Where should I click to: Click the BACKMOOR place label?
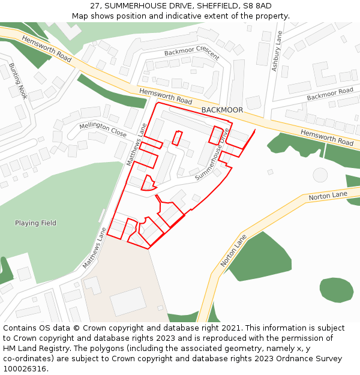(x=222, y=110)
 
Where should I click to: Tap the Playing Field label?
(x=35, y=223)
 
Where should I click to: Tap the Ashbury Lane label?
(x=276, y=52)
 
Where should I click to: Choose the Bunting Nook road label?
(x=18, y=81)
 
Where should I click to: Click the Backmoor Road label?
(x=329, y=94)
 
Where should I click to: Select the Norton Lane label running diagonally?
(x=233, y=251)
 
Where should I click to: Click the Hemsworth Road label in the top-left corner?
(x=46, y=49)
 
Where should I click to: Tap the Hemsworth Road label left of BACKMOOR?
(x=166, y=95)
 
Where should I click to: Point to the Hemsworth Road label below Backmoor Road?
(x=327, y=137)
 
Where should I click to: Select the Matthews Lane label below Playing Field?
(x=94, y=247)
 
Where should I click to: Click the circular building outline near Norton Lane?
(x=320, y=175)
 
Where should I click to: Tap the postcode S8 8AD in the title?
(x=256, y=5)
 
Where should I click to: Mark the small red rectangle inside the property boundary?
(x=177, y=137)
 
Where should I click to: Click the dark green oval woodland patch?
(x=336, y=289)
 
